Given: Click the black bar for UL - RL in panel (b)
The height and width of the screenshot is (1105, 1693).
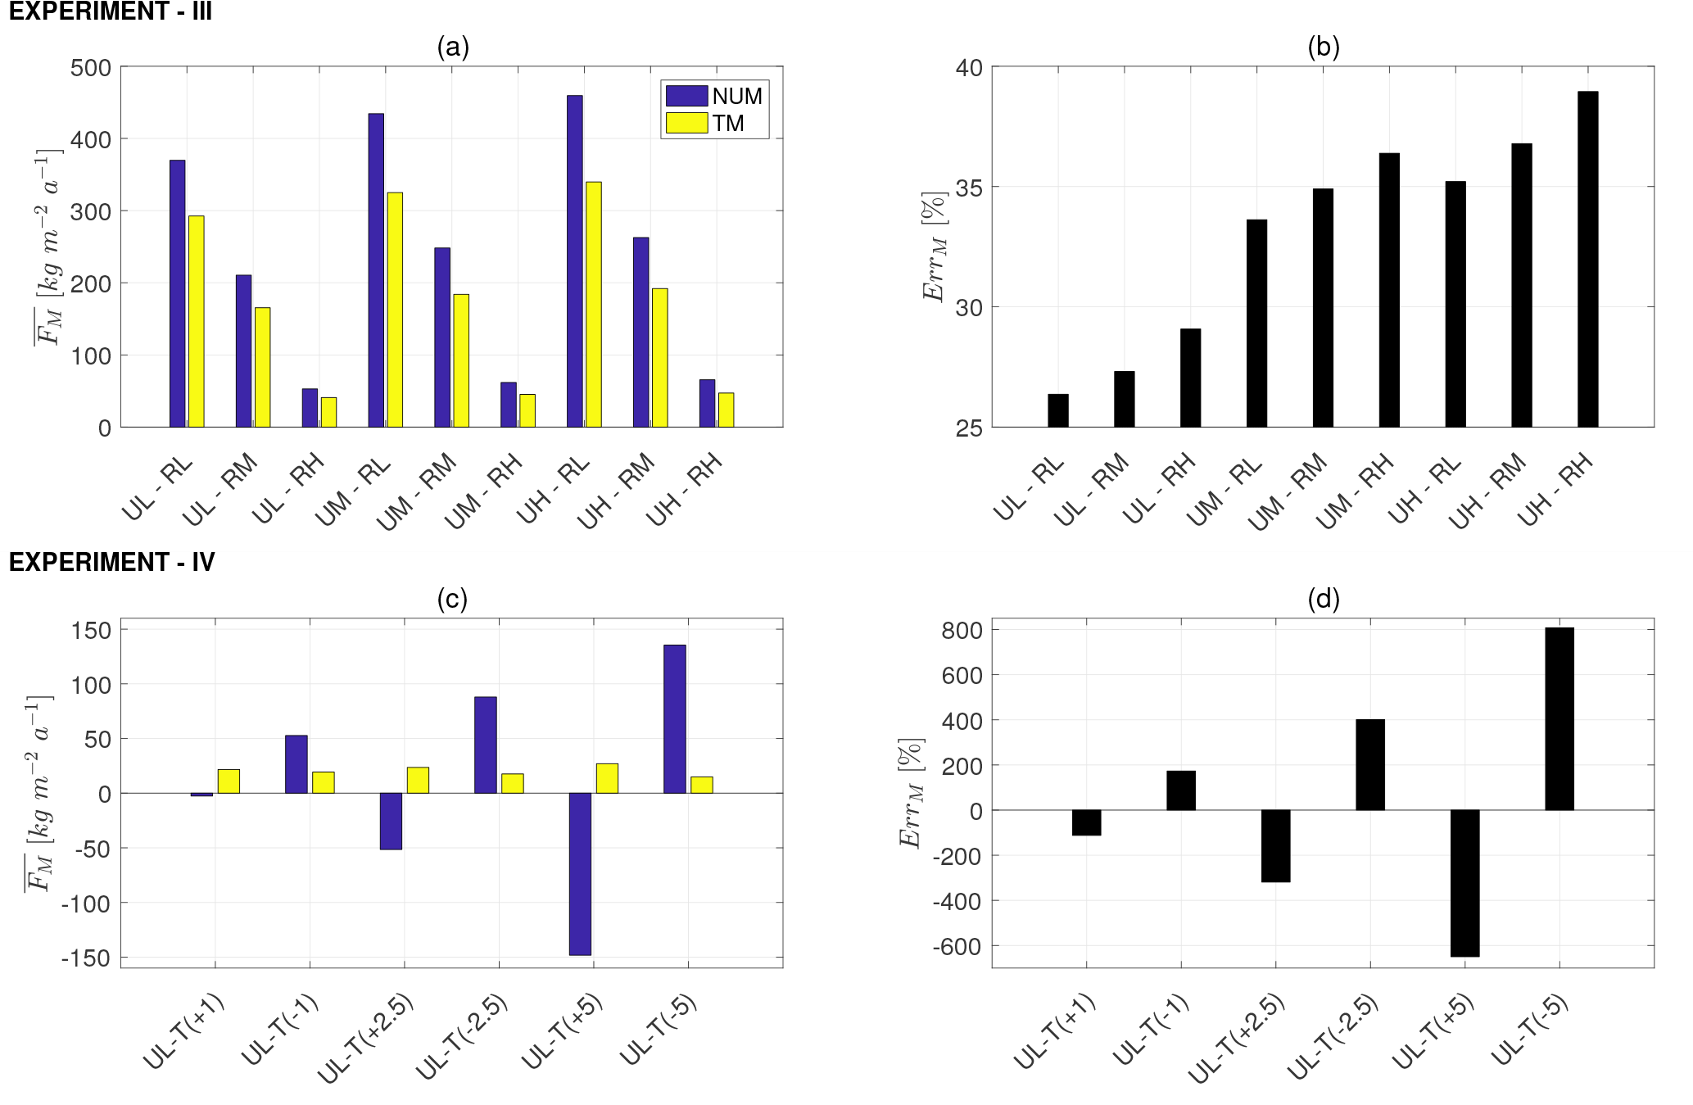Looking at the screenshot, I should pyautogui.click(x=1057, y=410).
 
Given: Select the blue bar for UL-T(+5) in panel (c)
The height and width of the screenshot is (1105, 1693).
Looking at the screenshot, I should pyautogui.click(x=580, y=873).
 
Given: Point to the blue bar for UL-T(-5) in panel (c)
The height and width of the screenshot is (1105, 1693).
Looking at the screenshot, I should pyautogui.click(x=674, y=718).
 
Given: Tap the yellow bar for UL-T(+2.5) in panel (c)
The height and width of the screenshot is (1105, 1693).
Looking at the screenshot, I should pyautogui.click(x=418, y=780).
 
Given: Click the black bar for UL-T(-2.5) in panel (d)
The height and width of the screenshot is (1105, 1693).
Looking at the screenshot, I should pyautogui.click(x=1369, y=764).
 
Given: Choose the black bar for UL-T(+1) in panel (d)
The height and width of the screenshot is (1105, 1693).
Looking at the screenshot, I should pyautogui.click(x=1086, y=822).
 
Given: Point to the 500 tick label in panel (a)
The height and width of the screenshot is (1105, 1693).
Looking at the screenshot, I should pyautogui.click(x=91, y=67).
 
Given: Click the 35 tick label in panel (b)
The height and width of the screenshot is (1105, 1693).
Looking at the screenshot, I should pyautogui.click(x=969, y=188).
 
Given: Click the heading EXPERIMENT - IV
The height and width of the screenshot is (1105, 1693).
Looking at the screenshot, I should pyautogui.click(x=111, y=562).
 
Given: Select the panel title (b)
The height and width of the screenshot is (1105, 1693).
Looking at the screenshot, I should pyautogui.click(x=1323, y=47).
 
